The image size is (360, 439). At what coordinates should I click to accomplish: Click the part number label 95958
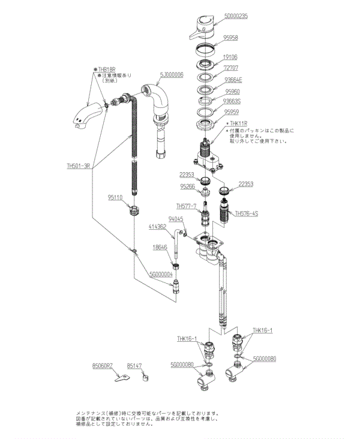tap(231, 37)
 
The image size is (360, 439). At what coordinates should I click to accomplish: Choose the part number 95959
tap(231, 112)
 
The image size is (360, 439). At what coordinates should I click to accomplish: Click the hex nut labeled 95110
tap(135, 211)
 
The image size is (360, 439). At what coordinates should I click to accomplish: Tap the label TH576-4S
tap(246, 213)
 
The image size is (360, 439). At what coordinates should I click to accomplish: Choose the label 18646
tap(160, 246)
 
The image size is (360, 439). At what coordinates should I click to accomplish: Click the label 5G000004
tap(161, 274)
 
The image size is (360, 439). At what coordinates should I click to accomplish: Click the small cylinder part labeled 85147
tap(145, 377)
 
